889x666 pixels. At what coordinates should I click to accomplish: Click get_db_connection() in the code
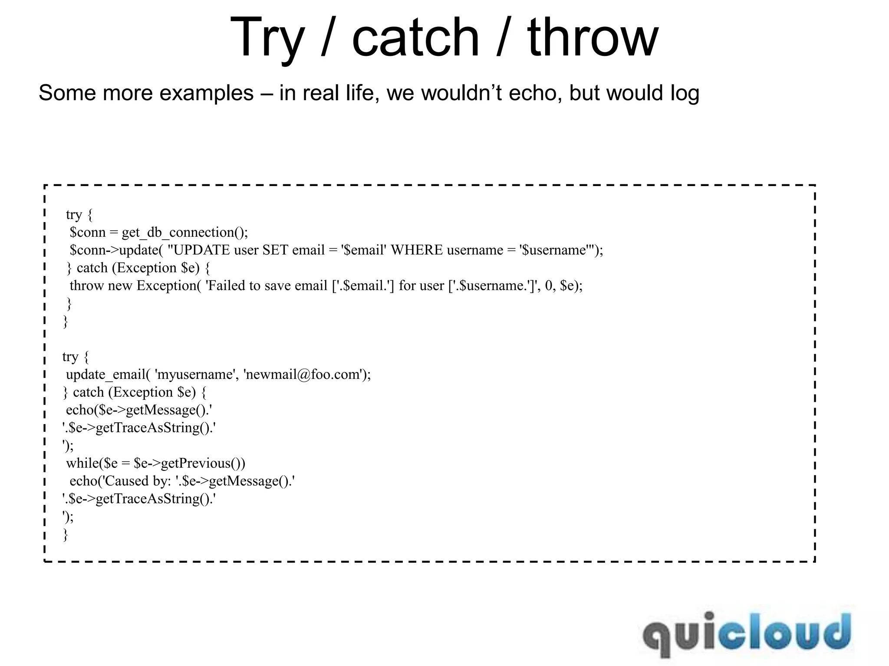[184, 233]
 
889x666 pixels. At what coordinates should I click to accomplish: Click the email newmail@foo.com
[303, 375]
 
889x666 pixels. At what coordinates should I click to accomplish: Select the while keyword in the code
[82, 464]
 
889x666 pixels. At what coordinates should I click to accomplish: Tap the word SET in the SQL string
[275, 251]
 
